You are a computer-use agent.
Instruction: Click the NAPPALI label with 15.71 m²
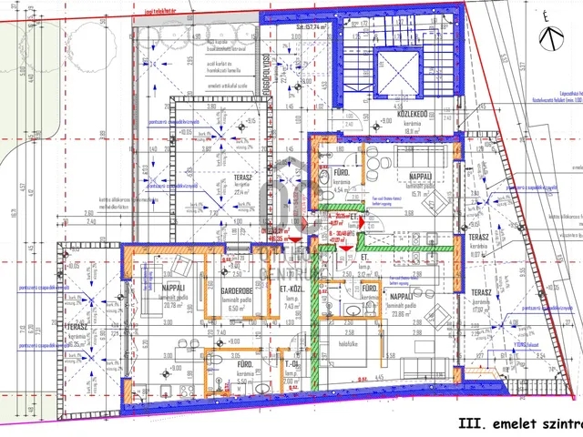(x=420, y=176)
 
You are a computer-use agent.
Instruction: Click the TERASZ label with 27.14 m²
(x=242, y=178)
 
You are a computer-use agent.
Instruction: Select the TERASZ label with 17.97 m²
(x=483, y=292)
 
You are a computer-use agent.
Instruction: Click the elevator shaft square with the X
(x=397, y=73)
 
